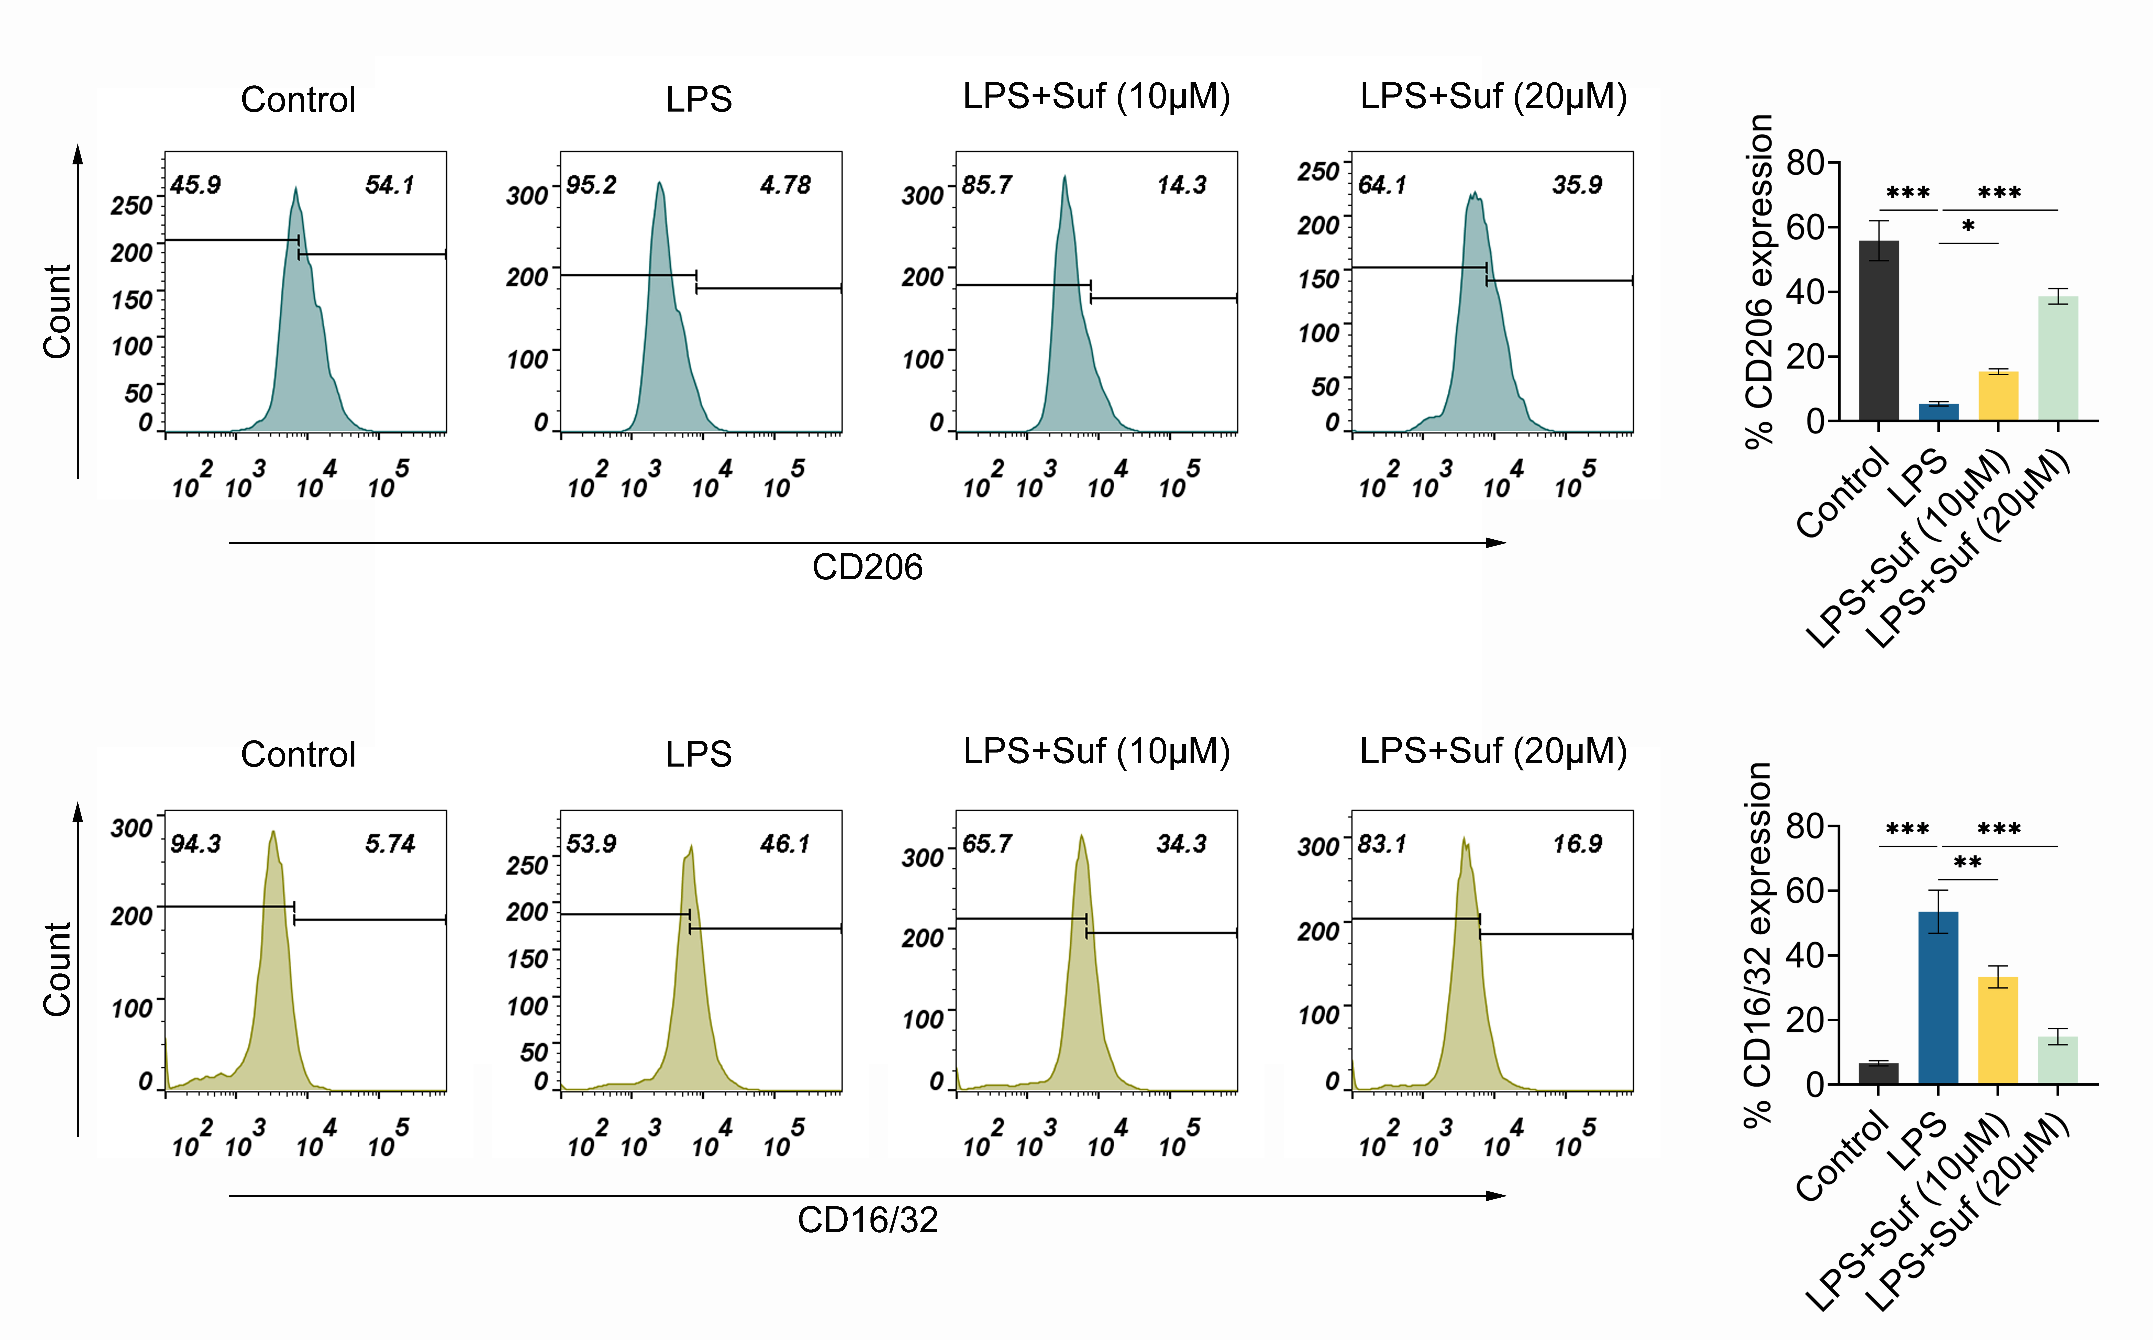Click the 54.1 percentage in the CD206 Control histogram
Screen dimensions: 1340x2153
389,185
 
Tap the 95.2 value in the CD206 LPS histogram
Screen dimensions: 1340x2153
591,185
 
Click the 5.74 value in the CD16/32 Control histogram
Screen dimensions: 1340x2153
389,844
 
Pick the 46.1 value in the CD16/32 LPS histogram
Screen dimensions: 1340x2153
784,844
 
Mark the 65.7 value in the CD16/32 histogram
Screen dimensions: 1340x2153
987,844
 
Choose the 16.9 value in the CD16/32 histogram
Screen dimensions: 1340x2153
1577,844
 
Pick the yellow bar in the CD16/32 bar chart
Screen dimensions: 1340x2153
1998,1030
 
